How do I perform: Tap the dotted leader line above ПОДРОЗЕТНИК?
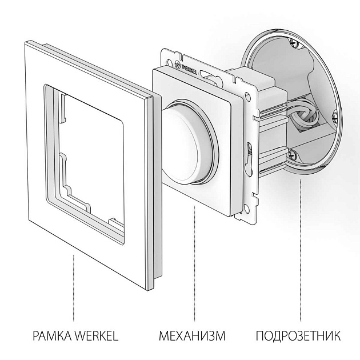point(301,251)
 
